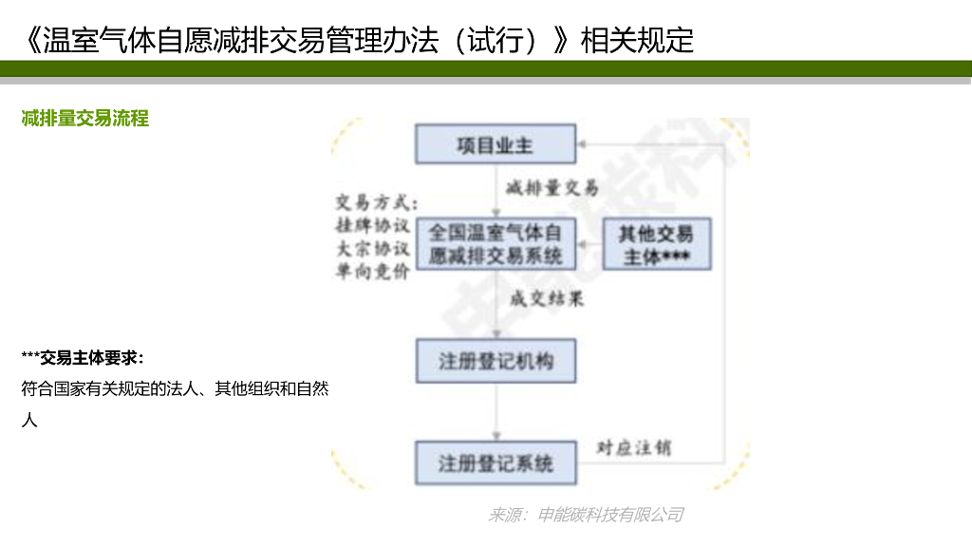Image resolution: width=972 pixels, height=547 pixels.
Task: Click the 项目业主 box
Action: click(x=495, y=145)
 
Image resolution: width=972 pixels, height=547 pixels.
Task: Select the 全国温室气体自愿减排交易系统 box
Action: click(x=495, y=244)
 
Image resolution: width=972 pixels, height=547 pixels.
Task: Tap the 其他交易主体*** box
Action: click(x=656, y=245)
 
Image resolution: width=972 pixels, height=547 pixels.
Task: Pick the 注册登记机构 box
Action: click(x=495, y=361)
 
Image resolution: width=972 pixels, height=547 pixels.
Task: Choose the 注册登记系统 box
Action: click(x=495, y=463)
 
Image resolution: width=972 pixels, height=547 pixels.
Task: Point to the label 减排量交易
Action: click(x=552, y=187)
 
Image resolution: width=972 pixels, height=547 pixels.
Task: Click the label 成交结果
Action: click(x=547, y=299)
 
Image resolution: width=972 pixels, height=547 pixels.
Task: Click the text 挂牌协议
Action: click(x=372, y=226)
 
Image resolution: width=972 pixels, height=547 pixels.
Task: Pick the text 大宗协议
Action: click(x=372, y=249)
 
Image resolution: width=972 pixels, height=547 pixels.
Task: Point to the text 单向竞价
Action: click(x=372, y=272)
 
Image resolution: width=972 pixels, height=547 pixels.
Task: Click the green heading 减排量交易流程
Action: click(x=85, y=119)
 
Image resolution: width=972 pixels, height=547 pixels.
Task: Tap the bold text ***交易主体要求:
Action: click(x=83, y=357)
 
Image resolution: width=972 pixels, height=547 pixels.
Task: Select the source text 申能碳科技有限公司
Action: click(x=610, y=515)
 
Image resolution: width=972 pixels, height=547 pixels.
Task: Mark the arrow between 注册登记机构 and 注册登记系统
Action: click(x=495, y=411)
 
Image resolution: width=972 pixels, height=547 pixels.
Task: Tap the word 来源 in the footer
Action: click(x=506, y=515)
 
